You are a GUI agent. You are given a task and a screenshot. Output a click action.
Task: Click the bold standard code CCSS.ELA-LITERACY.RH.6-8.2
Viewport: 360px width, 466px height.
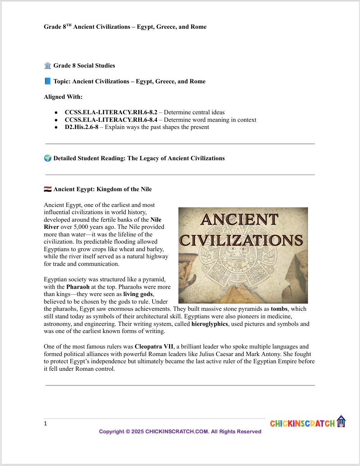[x=111, y=112]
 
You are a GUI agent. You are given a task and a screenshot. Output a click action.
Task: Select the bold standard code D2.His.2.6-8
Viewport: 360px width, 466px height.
[x=81, y=127]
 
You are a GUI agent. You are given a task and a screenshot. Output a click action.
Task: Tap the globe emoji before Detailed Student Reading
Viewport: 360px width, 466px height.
[x=48, y=158]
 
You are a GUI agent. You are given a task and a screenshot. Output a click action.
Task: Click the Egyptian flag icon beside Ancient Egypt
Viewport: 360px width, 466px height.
[x=48, y=189]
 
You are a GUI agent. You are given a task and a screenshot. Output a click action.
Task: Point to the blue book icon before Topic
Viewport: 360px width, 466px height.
[x=48, y=82]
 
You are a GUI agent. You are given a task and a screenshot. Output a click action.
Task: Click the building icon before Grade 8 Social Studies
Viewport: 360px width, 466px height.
[x=48, y=66]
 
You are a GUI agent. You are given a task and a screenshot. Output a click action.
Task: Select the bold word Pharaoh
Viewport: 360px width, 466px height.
[x=78, y=287]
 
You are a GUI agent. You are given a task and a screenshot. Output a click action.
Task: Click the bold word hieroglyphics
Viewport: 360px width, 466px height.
[x=210, y=324]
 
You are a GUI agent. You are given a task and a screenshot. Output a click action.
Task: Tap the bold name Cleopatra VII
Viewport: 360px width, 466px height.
[x=154, y=347]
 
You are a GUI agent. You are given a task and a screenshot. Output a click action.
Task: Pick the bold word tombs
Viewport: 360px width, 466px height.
[x=279, y=309]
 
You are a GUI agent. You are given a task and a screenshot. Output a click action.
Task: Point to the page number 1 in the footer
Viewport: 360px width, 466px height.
[x=46, y=424]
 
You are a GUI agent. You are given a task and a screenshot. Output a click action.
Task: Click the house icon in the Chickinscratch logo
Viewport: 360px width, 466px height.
[x=341, y=421]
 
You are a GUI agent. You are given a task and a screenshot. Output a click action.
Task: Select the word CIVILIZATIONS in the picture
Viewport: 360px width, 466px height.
[x=241, y=240]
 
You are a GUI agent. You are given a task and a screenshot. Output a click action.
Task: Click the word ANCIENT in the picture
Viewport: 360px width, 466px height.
[x=239, y=220]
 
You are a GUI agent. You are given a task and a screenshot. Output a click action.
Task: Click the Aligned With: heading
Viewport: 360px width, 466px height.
[x=63, y=97]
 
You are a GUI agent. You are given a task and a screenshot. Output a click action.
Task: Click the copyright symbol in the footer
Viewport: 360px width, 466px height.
[x=128, y=432]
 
